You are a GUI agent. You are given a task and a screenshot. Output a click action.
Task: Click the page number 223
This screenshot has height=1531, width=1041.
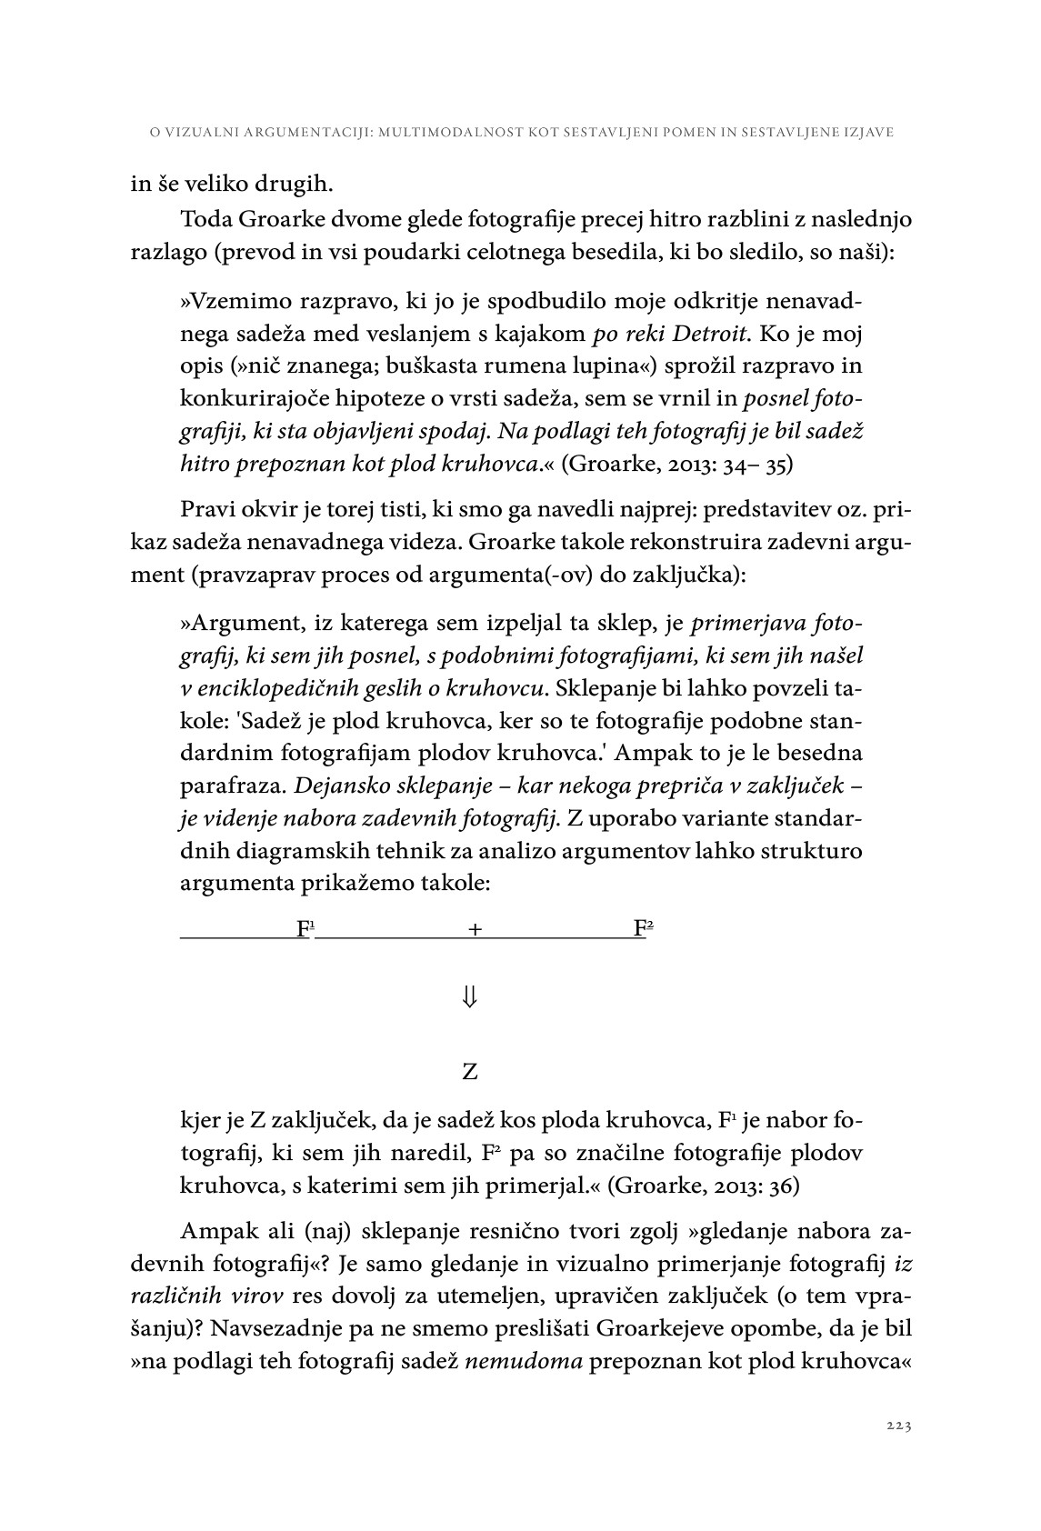[898, 1425]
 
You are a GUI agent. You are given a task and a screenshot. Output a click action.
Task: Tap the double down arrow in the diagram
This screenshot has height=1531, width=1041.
[469, 997]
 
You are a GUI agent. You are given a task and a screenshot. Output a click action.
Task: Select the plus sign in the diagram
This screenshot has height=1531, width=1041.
[475, 929]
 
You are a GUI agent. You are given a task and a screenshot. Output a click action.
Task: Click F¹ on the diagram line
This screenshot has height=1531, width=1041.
[305, 928]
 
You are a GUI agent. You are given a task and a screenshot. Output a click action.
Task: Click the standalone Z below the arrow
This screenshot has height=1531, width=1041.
[469, 1072]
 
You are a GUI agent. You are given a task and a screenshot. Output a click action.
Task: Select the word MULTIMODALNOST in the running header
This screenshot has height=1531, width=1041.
[450, 133]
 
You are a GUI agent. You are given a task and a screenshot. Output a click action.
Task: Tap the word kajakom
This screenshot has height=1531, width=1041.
[544, 334]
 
